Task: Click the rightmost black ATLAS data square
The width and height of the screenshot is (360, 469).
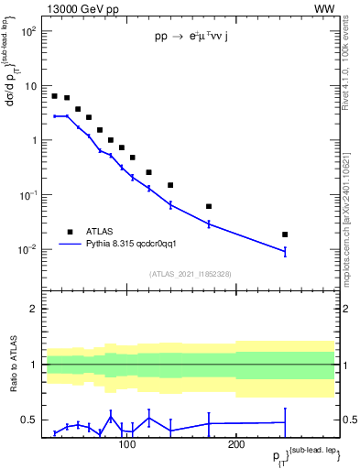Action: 285,234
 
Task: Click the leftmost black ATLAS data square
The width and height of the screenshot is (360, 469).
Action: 55,96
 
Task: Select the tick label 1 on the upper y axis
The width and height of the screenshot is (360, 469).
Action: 32,140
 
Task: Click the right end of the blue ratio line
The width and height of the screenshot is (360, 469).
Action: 285,422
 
